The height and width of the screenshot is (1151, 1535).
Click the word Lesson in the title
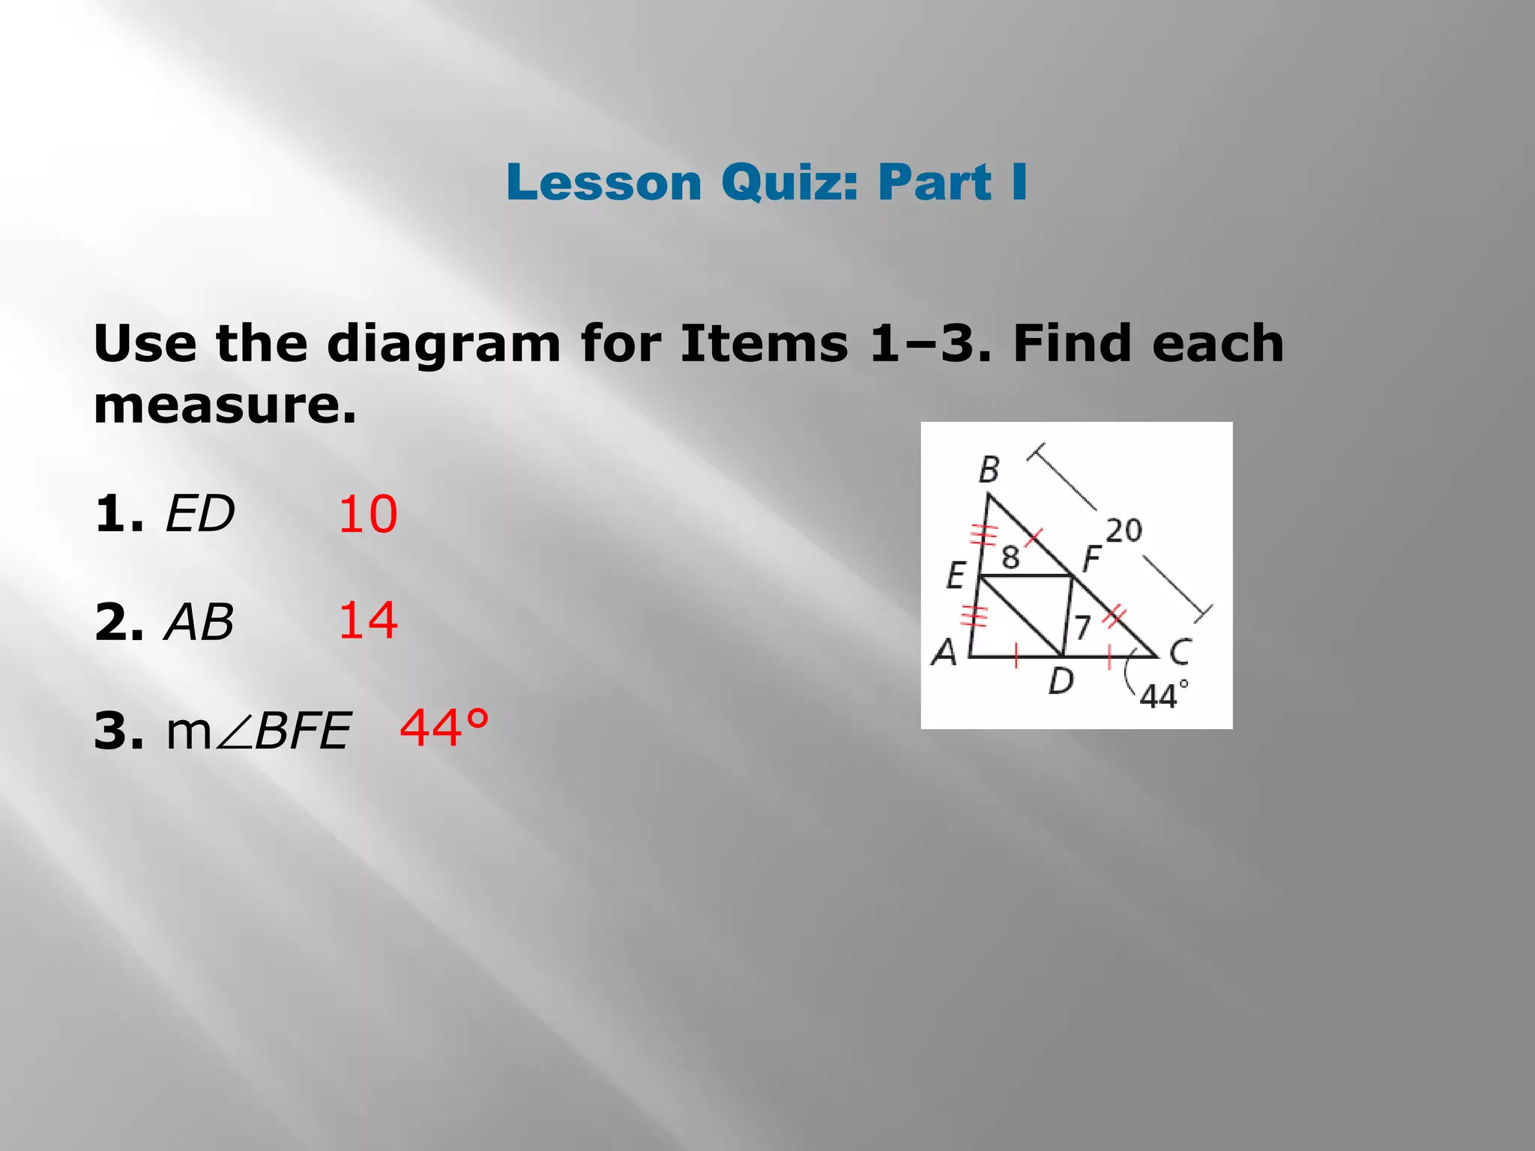point(603,183)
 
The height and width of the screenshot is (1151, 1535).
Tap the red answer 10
point(367,515)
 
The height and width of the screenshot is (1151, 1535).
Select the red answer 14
point(367,621)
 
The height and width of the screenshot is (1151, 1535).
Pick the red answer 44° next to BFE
point(444,728)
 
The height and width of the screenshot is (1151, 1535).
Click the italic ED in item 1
point(199,515)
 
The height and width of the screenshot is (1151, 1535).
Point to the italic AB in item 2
point(199,623)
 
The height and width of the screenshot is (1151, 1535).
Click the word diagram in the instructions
point(444,344)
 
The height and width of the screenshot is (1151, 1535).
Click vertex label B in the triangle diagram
point(989,470)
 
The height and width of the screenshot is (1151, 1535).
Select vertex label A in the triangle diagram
point(944,652)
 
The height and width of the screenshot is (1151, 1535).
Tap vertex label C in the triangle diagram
point(1180,652)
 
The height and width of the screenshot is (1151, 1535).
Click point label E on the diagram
point(956,576)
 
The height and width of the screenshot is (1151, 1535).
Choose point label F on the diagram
point(1091,558)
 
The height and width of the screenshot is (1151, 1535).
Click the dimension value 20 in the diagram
point(1124,531)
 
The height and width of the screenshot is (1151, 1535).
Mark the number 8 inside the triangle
point(1010,558)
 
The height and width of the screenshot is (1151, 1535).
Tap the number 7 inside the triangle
point(1082,627)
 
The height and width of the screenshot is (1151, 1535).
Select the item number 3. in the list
point(119,731)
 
